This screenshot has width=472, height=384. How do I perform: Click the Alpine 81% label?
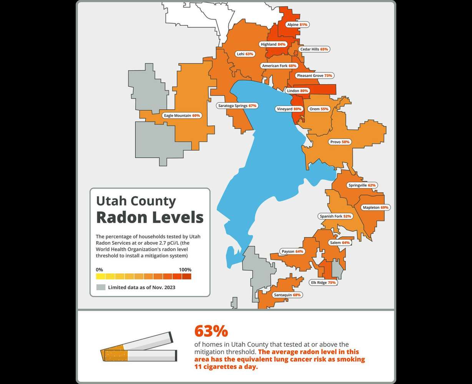(x=297, y=25)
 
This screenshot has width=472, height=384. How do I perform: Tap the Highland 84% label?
(x=273, y=45)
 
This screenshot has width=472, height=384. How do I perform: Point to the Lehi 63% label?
(x=245, y=54)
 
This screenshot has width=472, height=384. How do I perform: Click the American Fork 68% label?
(x=279, y=66)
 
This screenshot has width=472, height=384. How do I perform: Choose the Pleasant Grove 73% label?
(x=314, y=76)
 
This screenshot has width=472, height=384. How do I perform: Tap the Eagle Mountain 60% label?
(x=182, y=116)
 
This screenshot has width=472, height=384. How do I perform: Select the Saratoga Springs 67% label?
(x=237, y=106)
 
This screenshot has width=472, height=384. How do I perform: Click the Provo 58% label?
(x=340, y=142)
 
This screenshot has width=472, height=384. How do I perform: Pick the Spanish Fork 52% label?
(x=335, y=217)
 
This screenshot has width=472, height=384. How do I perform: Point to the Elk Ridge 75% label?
(x=323, y=283)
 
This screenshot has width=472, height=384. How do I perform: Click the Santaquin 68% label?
(x=286, y=295)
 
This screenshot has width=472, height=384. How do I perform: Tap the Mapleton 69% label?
(x=376, y=208)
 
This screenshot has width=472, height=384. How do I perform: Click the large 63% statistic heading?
(x=211, y=331)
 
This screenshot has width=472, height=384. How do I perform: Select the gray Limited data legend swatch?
(x=101, y=287)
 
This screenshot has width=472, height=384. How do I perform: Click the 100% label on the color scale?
(x=185, y=270)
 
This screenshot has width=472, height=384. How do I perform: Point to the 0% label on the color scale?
(x=99, y=270)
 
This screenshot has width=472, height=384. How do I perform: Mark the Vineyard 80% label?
(x=289, y=109)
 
